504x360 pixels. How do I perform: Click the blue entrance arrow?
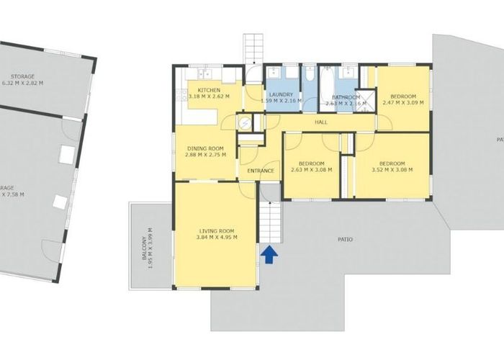point(269,253)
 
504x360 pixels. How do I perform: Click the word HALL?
point(321,122)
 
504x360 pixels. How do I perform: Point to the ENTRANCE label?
point(261,171)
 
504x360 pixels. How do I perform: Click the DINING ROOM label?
point(205,148)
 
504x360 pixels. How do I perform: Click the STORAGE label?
point(23,76)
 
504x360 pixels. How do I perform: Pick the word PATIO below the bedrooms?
point(346,238)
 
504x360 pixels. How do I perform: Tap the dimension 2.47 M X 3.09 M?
point(402,102)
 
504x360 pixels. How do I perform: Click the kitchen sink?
point(204,73)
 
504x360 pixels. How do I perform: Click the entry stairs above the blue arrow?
point(269,222)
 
